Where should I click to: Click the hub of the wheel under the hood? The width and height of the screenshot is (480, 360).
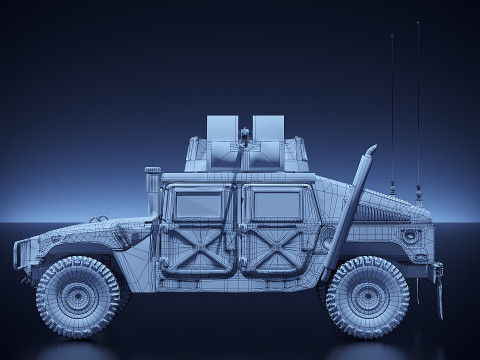pos(78,297)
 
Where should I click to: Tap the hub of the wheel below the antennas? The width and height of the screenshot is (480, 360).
pos(367,297)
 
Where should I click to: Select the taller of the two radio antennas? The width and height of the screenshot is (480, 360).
pos(418,100)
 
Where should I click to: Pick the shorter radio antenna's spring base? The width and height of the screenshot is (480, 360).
pos(393,186)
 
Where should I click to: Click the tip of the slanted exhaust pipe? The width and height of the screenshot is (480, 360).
pos(371,150)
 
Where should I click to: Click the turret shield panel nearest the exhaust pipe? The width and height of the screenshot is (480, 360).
pos(268,129)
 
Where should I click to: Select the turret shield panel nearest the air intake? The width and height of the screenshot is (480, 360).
pos(222,129)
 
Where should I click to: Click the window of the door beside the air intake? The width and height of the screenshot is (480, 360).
pos(196,205)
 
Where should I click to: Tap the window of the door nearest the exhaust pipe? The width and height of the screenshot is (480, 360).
pos(273,205)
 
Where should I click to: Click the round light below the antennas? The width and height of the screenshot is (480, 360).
pos(410,236)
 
